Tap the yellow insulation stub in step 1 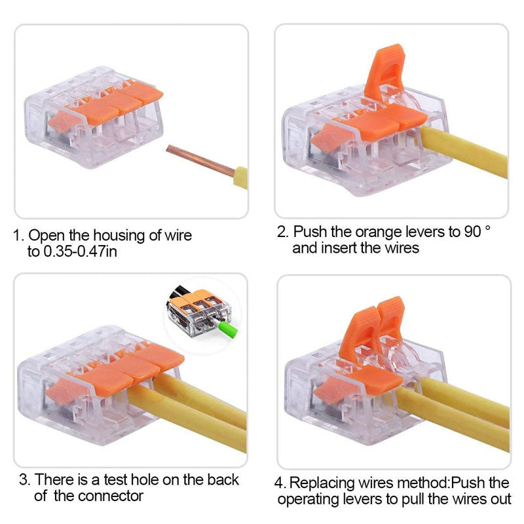tap(240, 178)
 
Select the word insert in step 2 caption tap(340, 248)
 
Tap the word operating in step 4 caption tap(309, 500)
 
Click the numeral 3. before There tap(24, 479)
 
